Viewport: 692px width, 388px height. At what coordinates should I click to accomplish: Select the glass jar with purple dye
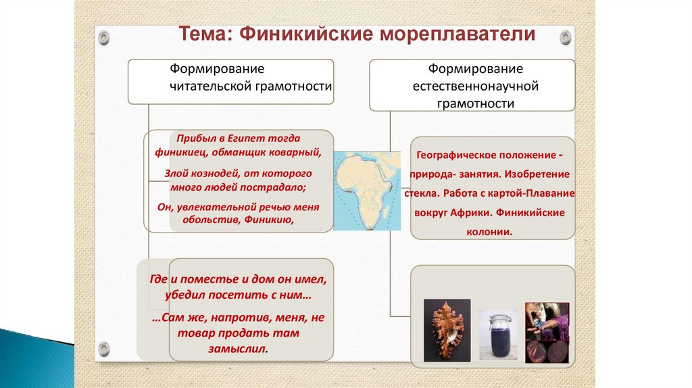tap(497, 336)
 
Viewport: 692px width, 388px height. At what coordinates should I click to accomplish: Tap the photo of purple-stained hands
tap(547, 332)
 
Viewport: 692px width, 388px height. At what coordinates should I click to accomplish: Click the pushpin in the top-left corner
tap(103, 37)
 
